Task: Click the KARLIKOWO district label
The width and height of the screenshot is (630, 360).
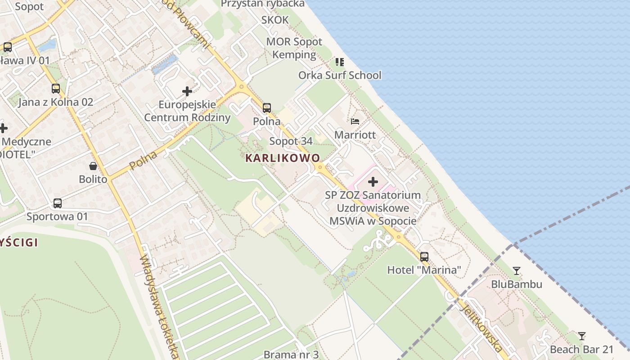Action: [283, 158]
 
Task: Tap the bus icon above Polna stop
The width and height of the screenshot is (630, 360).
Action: [267, 108]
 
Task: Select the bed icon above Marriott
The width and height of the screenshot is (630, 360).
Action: [355, 121]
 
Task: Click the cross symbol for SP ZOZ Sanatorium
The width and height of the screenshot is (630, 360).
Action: [373, 182]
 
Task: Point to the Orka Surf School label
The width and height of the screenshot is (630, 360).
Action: [340, 75]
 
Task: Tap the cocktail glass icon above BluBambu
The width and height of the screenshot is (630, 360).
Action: [517, 271]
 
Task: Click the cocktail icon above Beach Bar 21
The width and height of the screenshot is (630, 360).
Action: [582, 336]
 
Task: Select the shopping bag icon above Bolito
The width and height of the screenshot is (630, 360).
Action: [93, 166]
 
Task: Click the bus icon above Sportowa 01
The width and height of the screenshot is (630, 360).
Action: [58, 203]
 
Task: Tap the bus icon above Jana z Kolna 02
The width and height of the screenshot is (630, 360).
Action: [56, 89]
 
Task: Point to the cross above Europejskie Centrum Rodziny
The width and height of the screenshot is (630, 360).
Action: [187, 91]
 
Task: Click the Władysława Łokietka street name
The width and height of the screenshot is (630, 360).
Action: [160, 306]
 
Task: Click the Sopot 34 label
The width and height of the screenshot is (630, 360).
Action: [291, 141]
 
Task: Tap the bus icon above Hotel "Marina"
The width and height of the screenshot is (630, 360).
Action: [424, 257]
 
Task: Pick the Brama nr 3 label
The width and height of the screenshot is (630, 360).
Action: [291, 354]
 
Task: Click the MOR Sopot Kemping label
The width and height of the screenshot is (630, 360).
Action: [294, 48]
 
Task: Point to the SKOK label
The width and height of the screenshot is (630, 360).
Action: [275, 20]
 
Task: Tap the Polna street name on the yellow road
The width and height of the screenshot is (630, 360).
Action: [144, 161]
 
